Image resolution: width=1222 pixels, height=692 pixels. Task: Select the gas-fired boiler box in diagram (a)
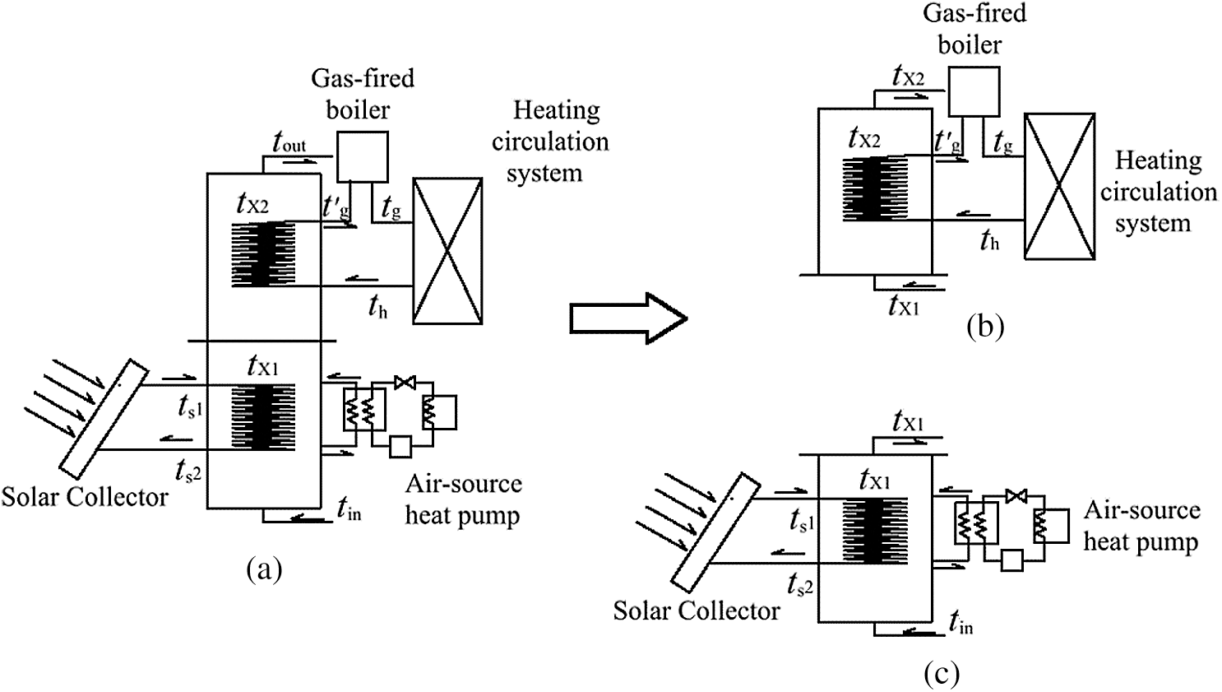pos(362,157)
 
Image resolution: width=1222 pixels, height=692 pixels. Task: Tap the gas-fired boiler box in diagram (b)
pos(974,91)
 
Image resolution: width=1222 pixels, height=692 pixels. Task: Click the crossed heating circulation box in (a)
pos(447,250)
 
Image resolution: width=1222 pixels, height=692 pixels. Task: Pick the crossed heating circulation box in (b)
pos(1059,186)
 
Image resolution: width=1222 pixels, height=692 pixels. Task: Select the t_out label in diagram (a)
pos(289,142)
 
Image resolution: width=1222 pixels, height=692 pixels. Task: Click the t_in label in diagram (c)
pos(960,622)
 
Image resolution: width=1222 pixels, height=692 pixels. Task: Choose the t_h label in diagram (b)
pos(989,240)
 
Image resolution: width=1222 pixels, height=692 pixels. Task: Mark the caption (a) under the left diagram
pos(264,568)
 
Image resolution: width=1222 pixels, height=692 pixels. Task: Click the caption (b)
pos(985,327)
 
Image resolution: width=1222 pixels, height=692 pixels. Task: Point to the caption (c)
pos(942,674)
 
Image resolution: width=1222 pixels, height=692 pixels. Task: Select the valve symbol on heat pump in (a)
pos(405,382)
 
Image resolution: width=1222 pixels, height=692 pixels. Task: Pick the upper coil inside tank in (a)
pos(263,254)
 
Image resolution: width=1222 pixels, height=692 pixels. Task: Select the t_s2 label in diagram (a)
pos(188,471)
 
